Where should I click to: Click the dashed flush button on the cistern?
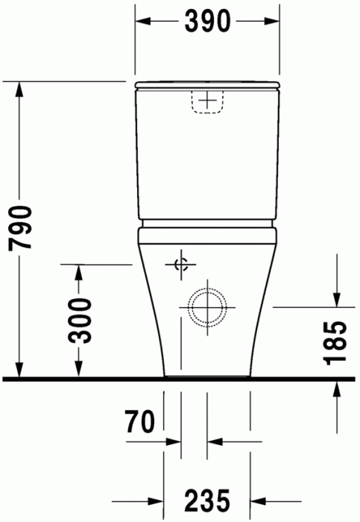(208, 100)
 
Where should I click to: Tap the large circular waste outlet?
(206, 306)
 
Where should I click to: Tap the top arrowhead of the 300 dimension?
(78, 273)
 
